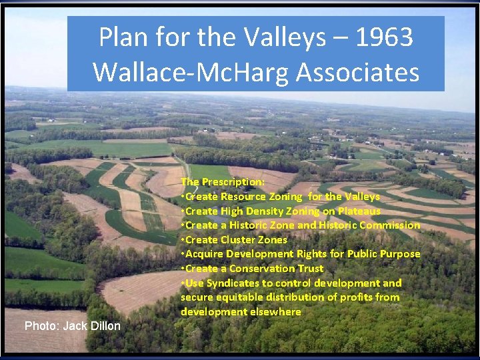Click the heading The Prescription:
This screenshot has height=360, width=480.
[x=223, y=182]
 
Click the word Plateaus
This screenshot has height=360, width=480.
[x=358, y=211]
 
